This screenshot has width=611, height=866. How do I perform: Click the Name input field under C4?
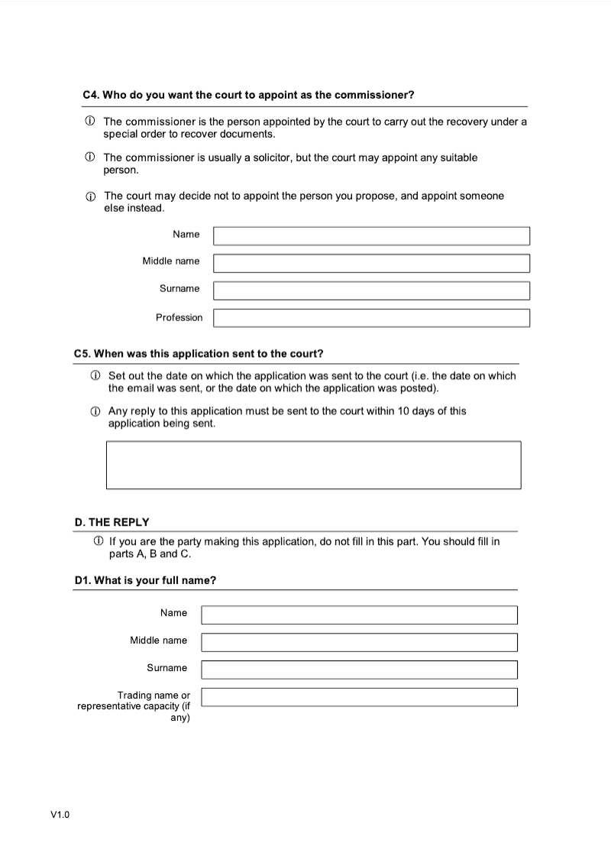[371, 235]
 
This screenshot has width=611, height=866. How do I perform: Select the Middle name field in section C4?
[371, 263]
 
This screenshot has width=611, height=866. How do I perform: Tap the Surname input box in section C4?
[371, 290]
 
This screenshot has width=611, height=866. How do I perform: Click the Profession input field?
[371, 317]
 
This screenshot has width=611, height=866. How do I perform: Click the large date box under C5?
[313, 465]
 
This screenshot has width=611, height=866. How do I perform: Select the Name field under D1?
[359, 615]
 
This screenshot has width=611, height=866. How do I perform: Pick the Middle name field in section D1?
[359, 642]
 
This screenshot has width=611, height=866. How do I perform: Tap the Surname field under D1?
[359, 670]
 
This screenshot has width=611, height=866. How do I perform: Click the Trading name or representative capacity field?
[359, 697]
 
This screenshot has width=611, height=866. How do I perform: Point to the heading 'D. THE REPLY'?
[112, 522]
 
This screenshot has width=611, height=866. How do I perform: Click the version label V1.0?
[60, 815]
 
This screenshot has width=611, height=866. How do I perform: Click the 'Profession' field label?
[179, 317]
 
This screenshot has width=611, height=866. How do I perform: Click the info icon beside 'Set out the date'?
[95, 376]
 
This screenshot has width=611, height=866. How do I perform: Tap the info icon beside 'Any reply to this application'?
[95, 411]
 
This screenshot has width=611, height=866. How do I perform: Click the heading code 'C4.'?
[91, 95]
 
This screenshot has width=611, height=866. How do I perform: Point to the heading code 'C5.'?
[82, 354]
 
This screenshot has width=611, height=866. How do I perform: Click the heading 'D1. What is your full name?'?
[145, 580]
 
